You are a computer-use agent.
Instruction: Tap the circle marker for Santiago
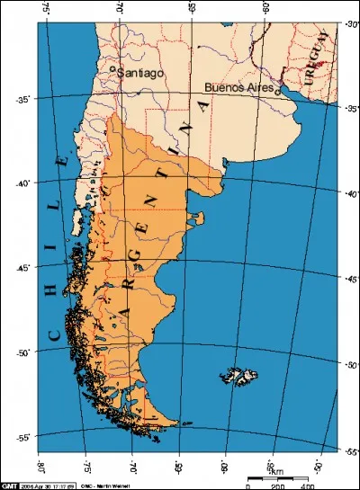point(112,68)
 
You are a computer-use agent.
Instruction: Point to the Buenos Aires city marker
point(279,89)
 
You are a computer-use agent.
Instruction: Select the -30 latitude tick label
point(350,25)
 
